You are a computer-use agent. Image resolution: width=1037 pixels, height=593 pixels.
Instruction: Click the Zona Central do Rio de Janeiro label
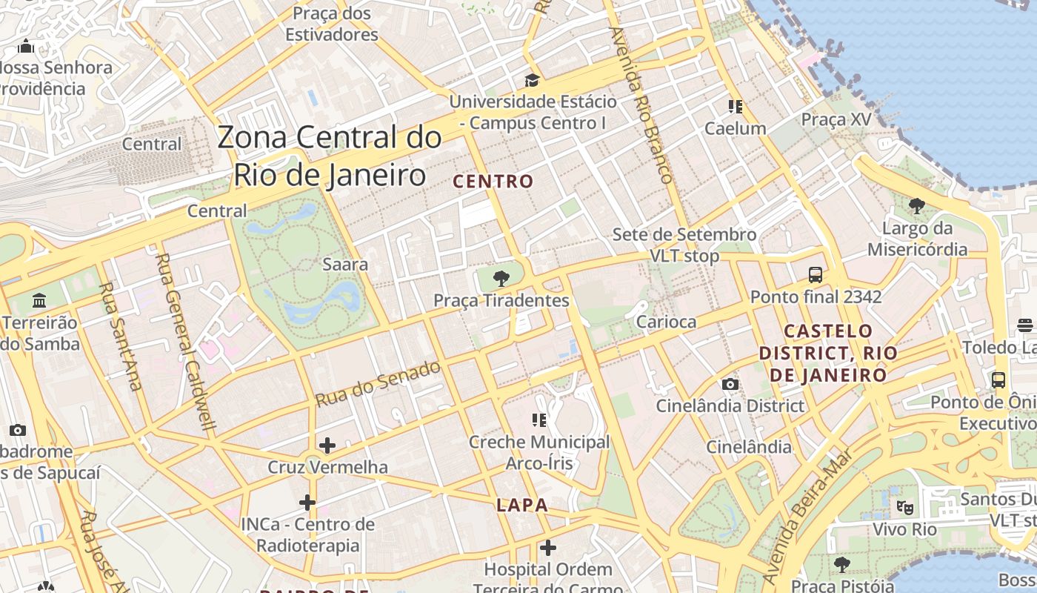tap(330, 156)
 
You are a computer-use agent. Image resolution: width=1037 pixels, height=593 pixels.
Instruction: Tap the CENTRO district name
tap(493, 182)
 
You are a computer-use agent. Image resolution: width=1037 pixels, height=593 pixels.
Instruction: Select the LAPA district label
tap(522, 506)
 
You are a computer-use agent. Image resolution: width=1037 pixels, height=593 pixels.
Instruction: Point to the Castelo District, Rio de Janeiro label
tap(827, 353)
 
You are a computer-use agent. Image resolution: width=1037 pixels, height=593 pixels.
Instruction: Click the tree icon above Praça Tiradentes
tap(501, 279)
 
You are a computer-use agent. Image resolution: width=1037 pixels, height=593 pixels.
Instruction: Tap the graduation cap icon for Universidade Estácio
tap(532, 80)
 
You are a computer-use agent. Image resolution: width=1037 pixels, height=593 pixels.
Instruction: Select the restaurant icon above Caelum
tap(735, 107)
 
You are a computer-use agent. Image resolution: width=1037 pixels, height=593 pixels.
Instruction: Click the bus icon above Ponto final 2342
tap(816, 275)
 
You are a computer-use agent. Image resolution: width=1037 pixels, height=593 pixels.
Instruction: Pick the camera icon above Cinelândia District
tap(730, 384)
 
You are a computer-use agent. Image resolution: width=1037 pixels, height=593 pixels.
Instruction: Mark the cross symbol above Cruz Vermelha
tap(327, 445)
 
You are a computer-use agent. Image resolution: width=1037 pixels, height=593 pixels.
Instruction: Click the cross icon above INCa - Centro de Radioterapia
tap(307, 503)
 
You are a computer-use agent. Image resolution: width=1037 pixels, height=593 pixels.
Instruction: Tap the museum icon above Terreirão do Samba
tap(39, 301)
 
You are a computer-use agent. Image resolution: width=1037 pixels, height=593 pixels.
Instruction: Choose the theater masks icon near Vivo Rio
tap(904, 508)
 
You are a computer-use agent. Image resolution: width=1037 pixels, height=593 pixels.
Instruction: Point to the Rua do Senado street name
tap(378, 383)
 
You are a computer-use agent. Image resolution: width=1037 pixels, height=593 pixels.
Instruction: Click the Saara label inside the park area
tap(345, 264)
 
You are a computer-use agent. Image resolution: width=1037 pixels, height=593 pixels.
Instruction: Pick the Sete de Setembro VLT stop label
tap(684, 245)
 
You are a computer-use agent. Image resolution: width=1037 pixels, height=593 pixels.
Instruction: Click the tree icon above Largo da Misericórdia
tap(917, 205)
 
